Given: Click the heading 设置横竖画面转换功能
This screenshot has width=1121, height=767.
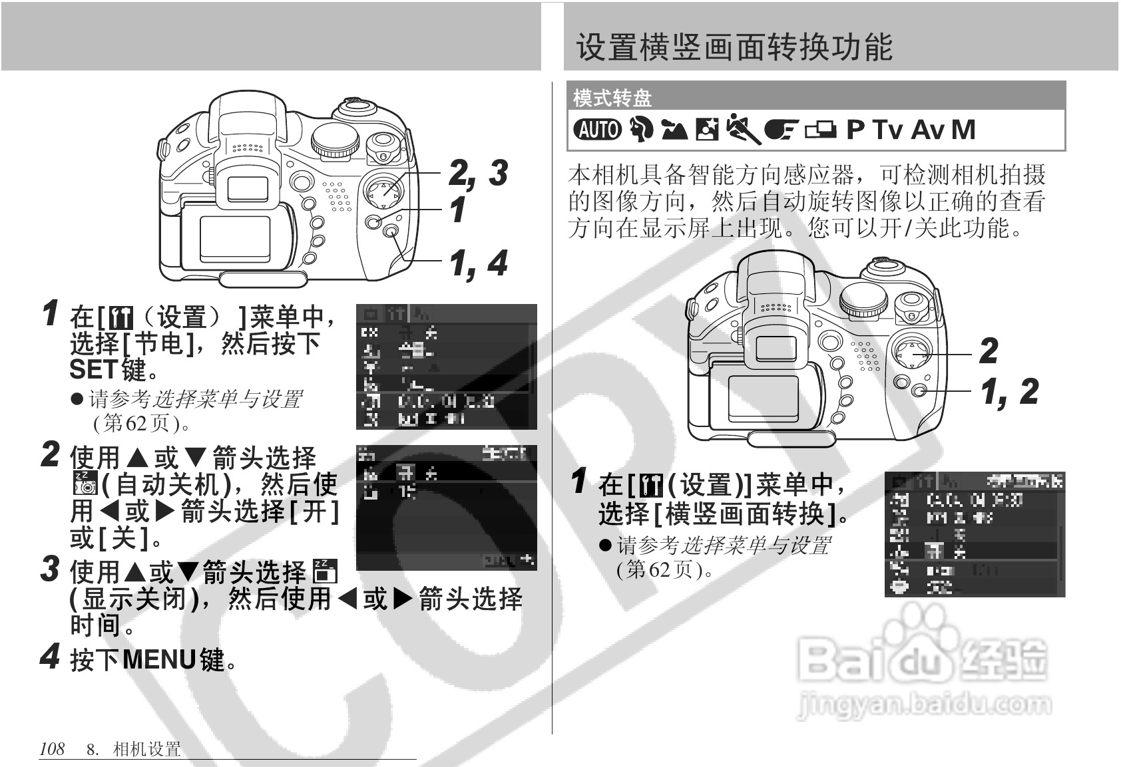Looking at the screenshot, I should (x=734, y=47).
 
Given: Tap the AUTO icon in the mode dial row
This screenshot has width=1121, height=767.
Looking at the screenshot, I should (x=597, y=129).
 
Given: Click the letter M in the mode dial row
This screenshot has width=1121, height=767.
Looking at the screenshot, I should (x=963, y=129).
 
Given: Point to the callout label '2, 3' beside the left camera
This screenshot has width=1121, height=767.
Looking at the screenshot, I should (x=477, y=173).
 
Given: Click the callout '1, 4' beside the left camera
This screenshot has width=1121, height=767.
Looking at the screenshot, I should (x=478, y=263).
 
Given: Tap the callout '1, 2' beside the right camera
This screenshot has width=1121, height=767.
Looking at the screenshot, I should (x=1009, y=392).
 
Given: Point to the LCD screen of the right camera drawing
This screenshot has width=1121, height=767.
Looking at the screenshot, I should (x=763, y=398).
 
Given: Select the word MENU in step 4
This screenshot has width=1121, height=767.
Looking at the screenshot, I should (x=159, y=660).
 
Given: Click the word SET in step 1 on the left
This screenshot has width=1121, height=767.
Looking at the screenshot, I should (x=93, y=369).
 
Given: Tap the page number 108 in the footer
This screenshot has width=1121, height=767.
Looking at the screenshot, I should (x=52, y=749).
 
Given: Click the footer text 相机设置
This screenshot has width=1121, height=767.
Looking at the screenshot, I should (x=147, y=750).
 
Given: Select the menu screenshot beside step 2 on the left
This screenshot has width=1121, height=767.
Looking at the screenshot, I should (x=446, y=508).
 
